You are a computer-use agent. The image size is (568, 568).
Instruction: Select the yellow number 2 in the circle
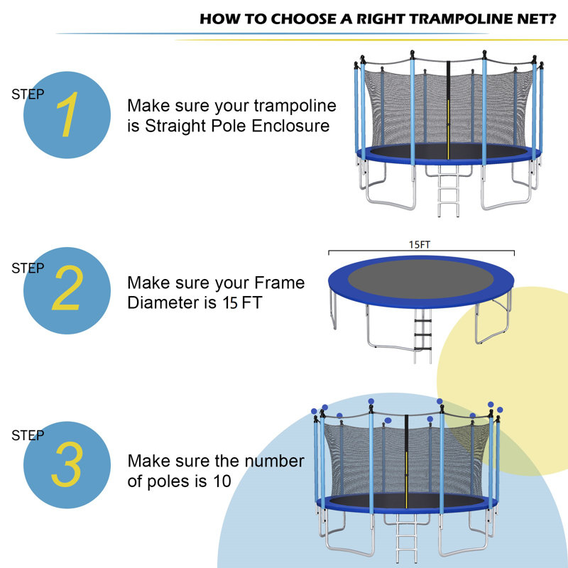[67, 290]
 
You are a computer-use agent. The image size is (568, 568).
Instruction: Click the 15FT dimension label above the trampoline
[420, 245]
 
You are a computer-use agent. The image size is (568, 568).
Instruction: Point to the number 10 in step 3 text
[222, 481]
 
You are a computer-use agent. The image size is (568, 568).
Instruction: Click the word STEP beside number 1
[28, 94]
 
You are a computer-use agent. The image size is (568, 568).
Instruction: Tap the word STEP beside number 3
[28, 436]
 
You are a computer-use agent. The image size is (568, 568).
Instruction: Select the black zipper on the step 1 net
[449, 106]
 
